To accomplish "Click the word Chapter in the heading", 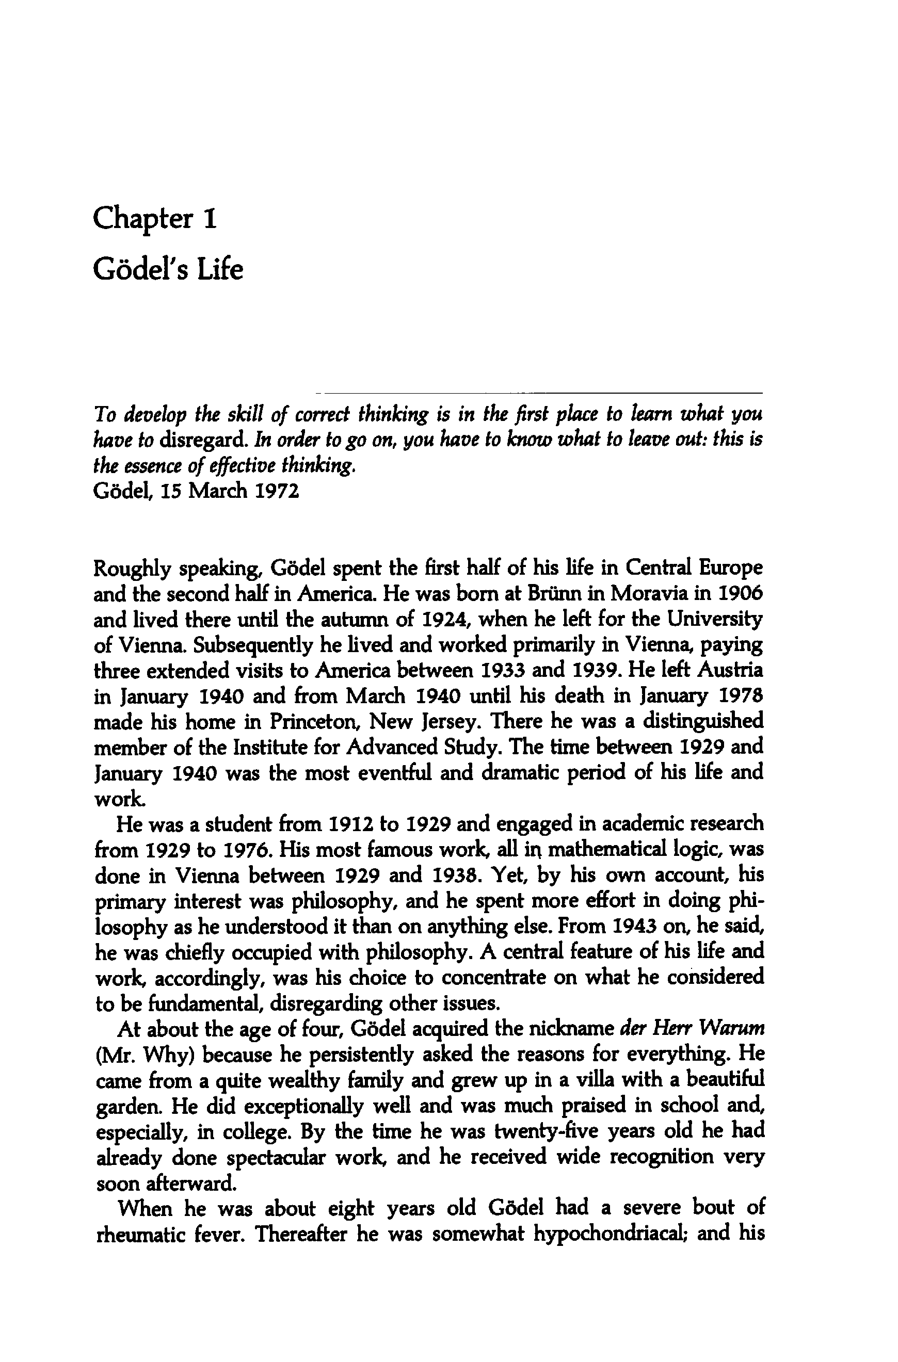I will click(x=143, y=219).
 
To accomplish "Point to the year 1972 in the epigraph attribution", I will click(x=277, y=491).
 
